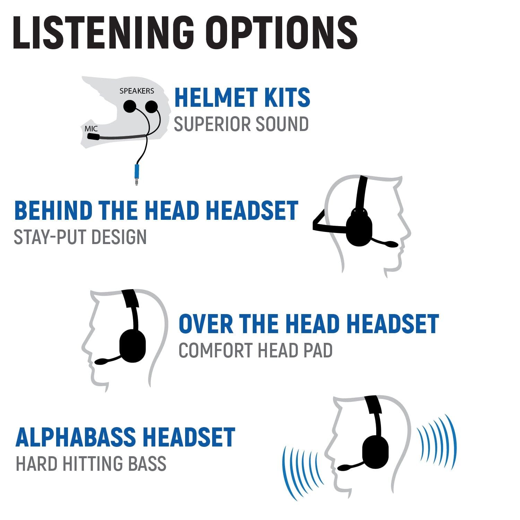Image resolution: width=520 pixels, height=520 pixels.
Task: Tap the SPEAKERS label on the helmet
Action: [x=137, y=91]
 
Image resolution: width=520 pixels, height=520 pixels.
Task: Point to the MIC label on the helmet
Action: [x=91, y=129]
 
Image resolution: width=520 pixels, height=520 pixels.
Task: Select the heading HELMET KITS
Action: [x=242, y=98]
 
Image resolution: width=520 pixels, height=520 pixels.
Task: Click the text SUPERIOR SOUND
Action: [x=241, y=124]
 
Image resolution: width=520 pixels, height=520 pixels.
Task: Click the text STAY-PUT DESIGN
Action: [x=80, y=237]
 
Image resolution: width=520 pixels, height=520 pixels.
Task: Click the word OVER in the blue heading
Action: [x=206, y=324]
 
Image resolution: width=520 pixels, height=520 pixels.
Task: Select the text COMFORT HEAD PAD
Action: [x=255, y=350]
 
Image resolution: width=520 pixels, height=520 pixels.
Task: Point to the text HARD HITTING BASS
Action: [x=91, y=464]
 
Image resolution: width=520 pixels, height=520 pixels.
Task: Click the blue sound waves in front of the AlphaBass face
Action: [x=302, y=471]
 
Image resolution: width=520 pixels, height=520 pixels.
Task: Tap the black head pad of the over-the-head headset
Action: [x=130, y=298]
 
